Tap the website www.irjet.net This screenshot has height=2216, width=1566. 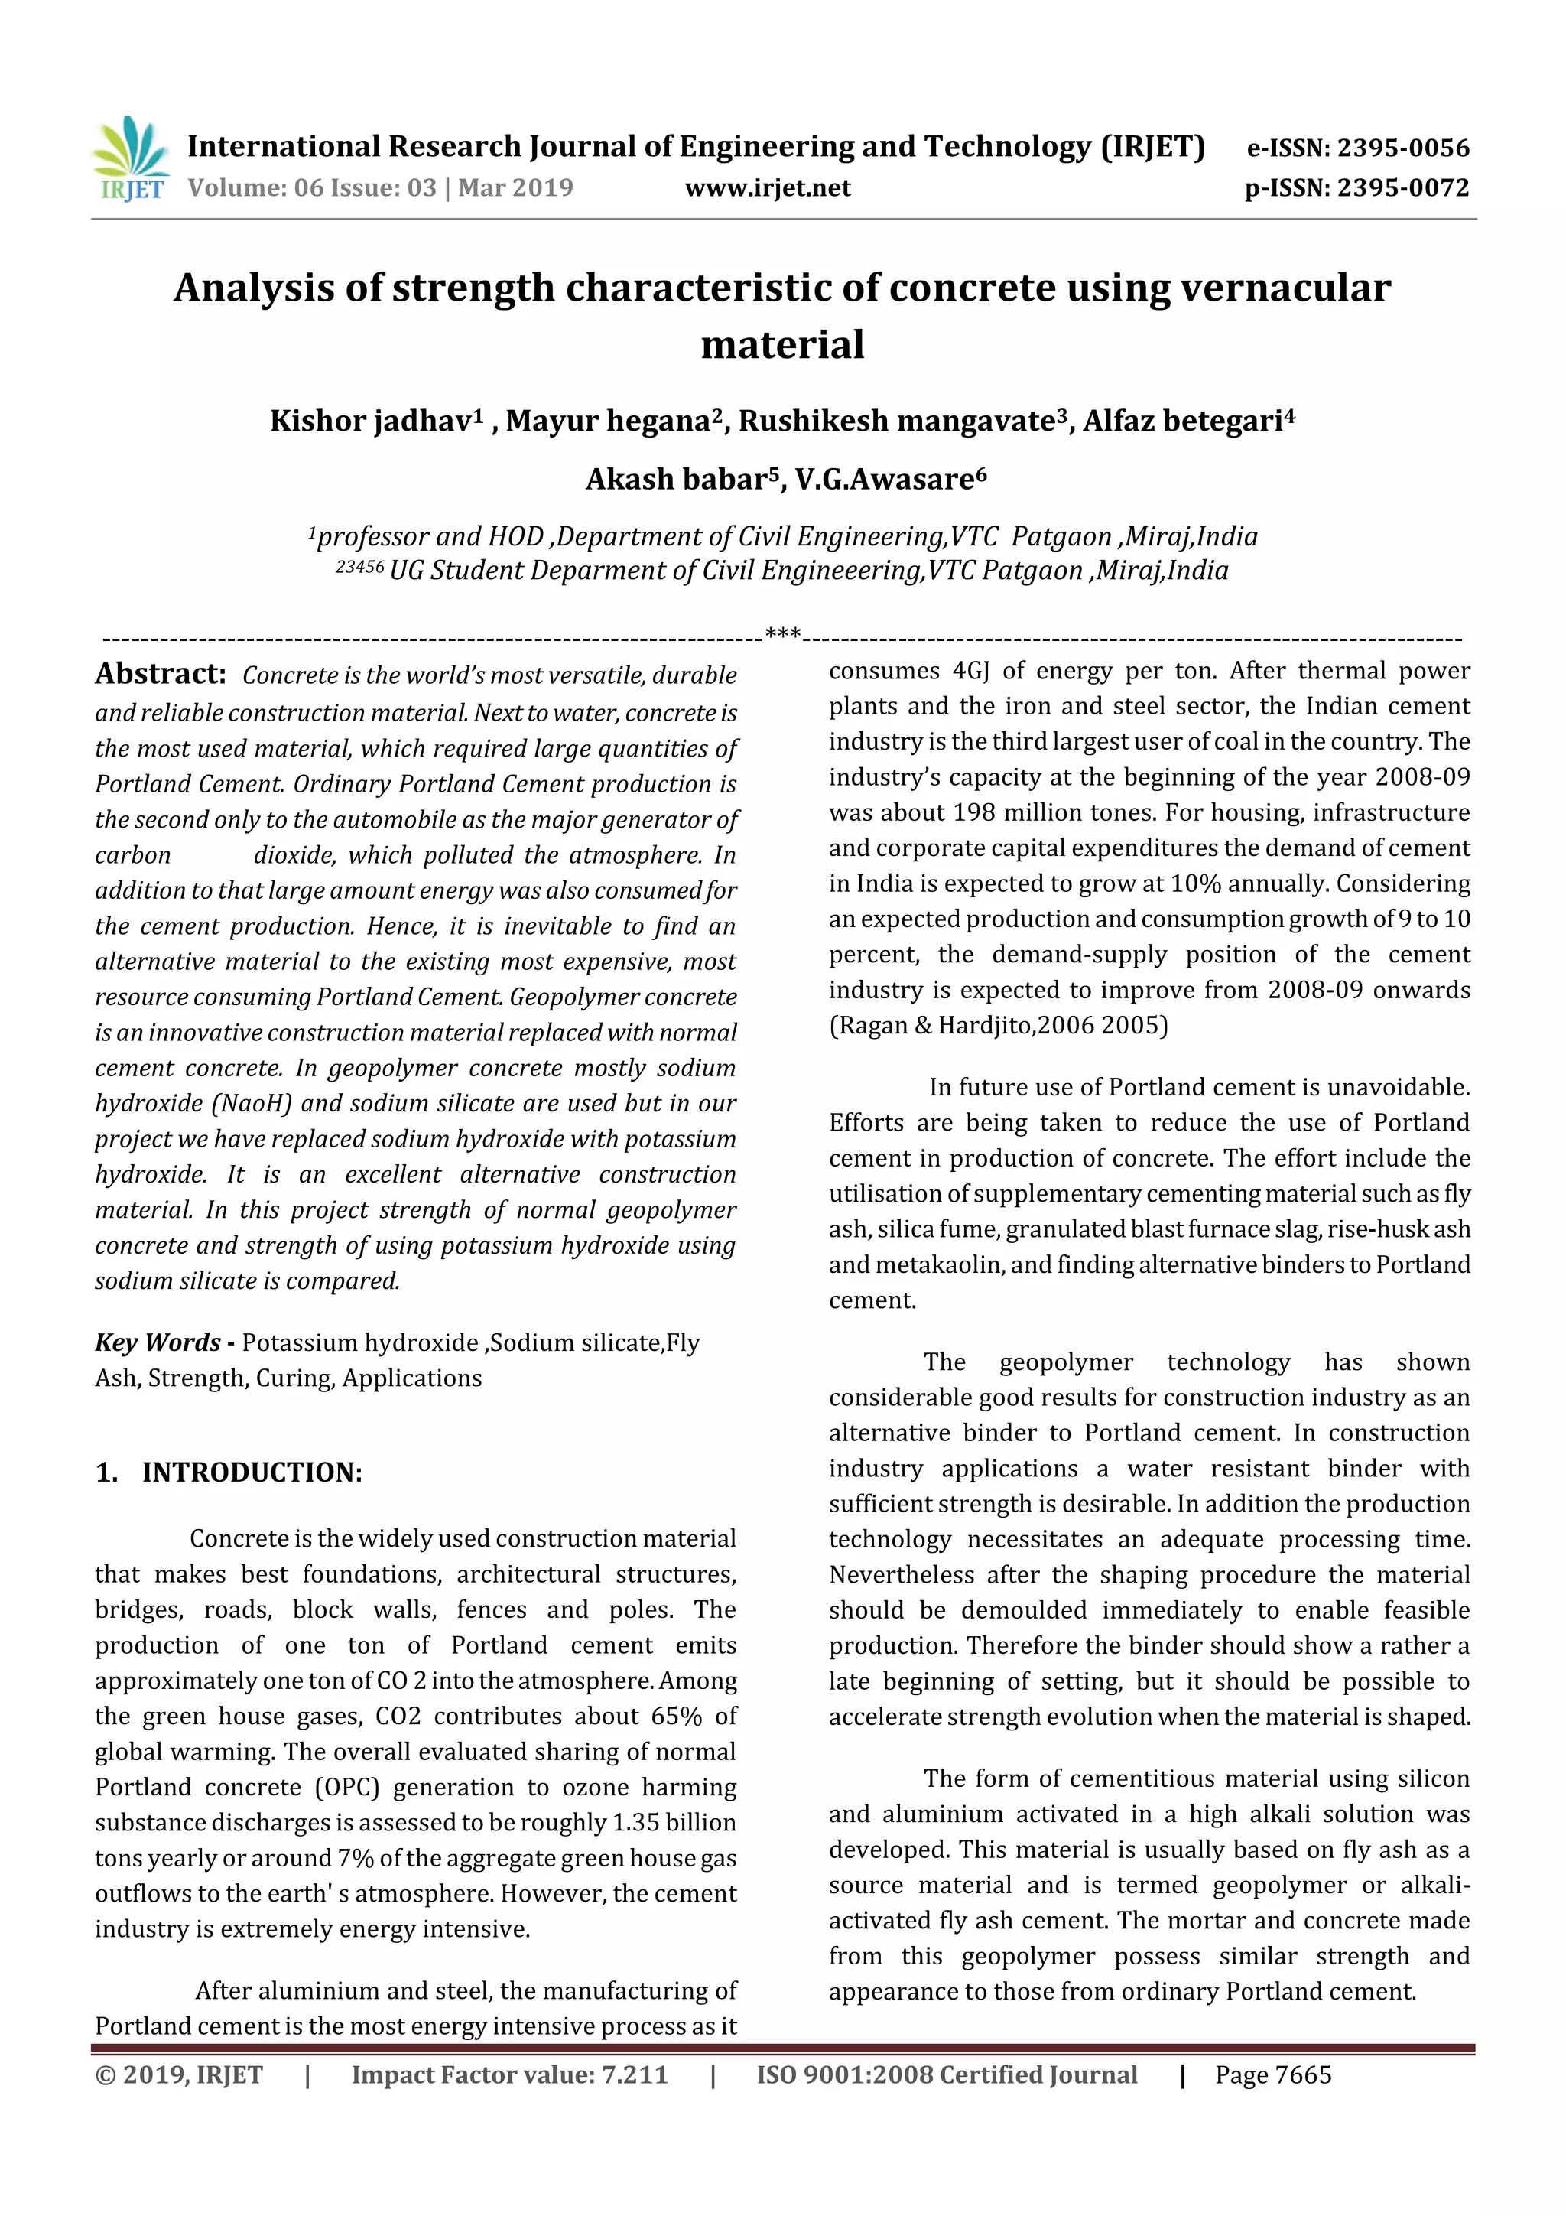767,188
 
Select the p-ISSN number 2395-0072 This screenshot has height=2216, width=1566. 1402,188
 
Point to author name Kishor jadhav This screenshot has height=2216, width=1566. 369,421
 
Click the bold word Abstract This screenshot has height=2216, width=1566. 160,674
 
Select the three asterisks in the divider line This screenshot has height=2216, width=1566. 782,634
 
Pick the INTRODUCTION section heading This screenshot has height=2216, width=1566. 252,1472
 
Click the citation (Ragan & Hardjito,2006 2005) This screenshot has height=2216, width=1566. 998,1025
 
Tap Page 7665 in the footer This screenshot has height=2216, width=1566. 1272,2075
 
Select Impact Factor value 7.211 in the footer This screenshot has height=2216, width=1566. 508,2075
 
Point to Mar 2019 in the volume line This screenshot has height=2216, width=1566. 515,188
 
